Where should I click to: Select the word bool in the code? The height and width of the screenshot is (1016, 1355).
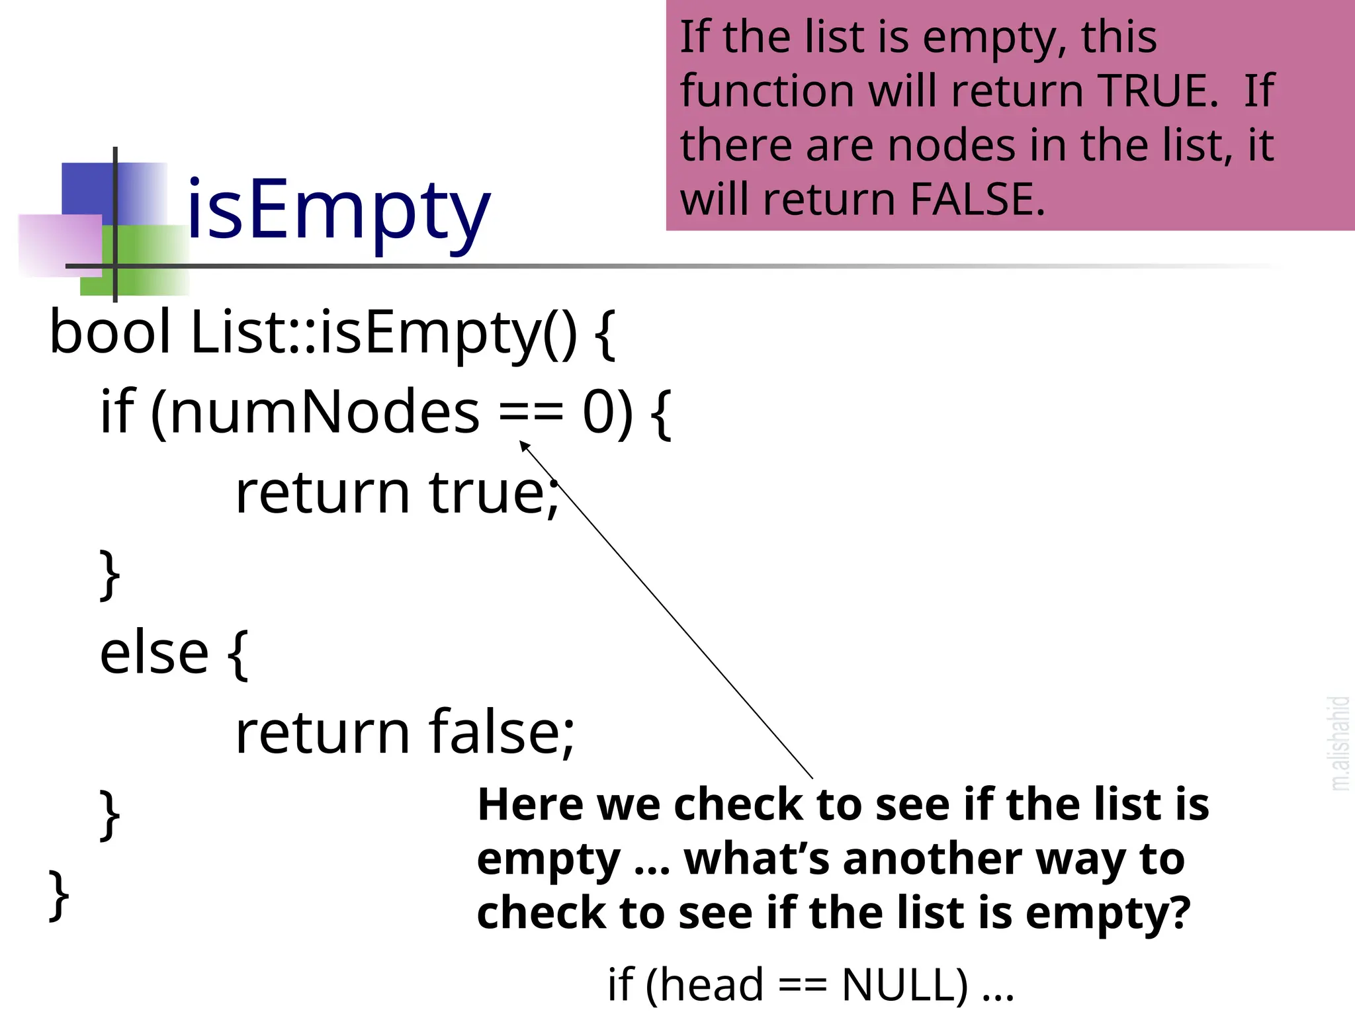(x=110, y=332)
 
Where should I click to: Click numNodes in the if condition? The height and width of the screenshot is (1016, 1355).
(x=324, y=412)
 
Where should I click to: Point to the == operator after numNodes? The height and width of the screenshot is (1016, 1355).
(x=531, y=413)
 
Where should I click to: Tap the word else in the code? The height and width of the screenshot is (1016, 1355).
(x=154, y=653)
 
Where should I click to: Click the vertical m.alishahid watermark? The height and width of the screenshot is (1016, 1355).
(x=1340, y=743)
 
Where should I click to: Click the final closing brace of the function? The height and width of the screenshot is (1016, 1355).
(x=59, y=894)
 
